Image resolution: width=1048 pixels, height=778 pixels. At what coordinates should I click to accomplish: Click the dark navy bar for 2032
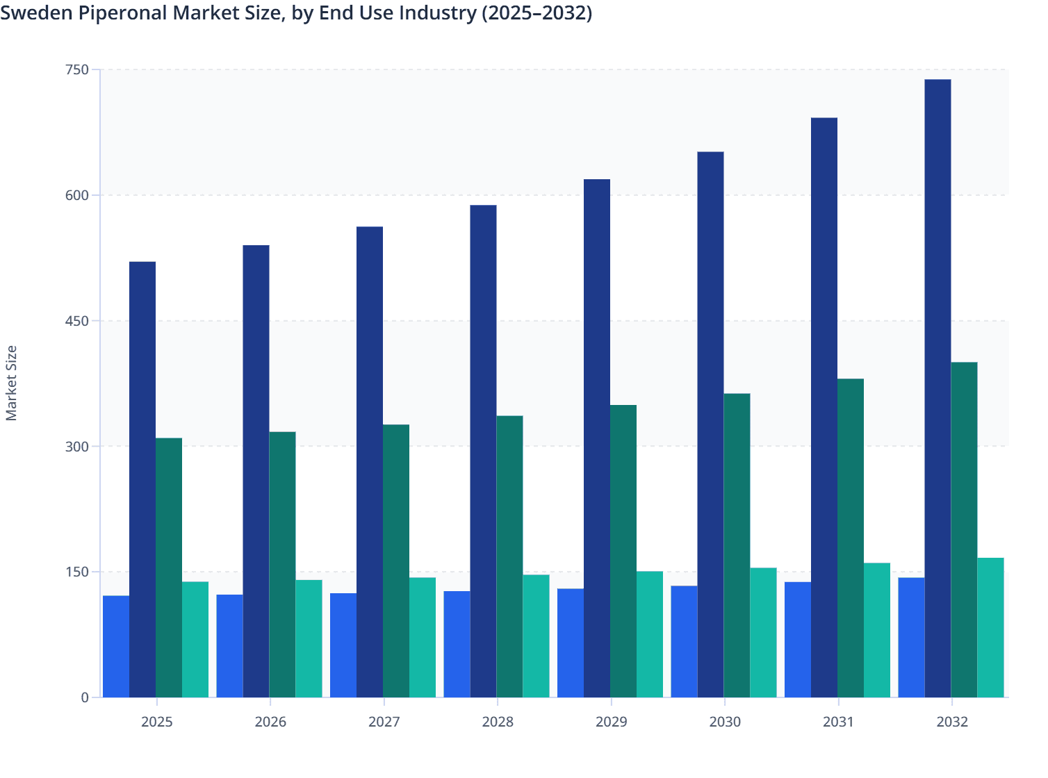(938, 388)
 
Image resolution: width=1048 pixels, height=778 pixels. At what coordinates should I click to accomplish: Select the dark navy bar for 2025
(142, 479)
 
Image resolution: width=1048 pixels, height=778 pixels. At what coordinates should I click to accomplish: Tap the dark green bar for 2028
(509, 556)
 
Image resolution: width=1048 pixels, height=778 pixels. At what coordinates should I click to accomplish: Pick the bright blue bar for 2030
(684, 642)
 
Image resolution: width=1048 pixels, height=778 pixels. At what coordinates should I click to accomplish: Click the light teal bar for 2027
(423, 638)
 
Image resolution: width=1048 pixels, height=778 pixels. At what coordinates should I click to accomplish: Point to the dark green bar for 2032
(964, 530)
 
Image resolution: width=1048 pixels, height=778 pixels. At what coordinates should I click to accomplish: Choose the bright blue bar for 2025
(116, 647)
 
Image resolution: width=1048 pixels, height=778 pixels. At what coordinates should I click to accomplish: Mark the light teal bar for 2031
(877, 630)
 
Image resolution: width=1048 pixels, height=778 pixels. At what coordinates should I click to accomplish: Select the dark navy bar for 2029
(597, 438)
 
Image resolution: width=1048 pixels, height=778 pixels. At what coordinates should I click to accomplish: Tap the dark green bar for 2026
(282, 565)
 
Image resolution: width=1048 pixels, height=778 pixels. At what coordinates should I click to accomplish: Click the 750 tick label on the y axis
(77, 69)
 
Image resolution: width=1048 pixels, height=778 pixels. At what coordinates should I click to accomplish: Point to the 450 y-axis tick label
(77, 321)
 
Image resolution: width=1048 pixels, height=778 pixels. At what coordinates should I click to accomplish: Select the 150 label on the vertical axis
(77, 572)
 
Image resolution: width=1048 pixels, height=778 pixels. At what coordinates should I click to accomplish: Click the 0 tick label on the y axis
(85, 697)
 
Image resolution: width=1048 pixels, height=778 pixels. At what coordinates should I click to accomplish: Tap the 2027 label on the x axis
(384, 722)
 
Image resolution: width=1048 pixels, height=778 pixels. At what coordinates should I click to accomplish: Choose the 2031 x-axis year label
(838, 722)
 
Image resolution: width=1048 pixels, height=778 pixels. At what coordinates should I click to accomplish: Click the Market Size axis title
(12, 383)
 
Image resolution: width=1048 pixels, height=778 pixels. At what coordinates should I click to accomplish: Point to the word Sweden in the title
(27, 13)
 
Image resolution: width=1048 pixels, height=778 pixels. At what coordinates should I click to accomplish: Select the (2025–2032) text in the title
(537, 13)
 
